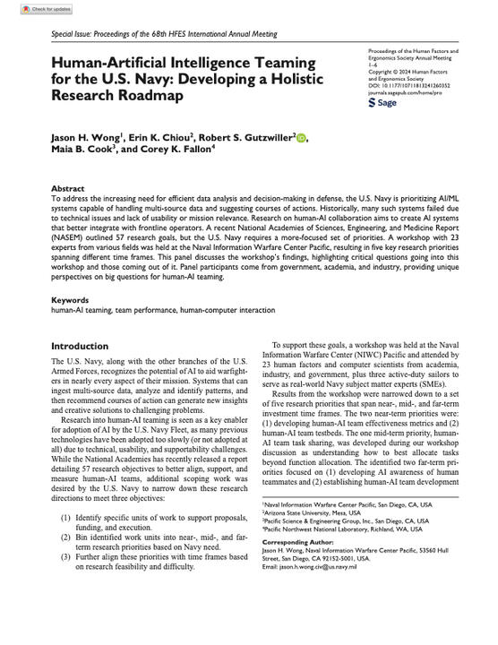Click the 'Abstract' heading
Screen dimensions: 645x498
click(x=68, y=190)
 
